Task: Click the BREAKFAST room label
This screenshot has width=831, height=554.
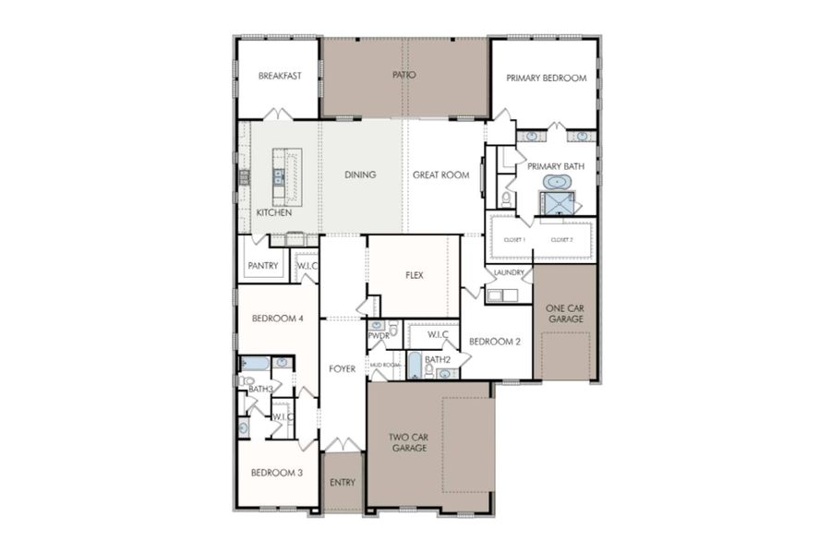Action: [279, 76]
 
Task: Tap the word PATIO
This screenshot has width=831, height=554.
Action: [403, 75]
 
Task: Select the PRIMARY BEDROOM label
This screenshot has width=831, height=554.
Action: [546, 78]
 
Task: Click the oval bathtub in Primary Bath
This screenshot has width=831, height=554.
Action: [557, 182]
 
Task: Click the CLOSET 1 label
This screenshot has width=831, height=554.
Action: [514, 240]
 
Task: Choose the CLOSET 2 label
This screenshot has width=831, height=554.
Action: [562, 240]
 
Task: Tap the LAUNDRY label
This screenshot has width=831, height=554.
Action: [509, 272]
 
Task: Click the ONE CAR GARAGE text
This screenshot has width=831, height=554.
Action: [565, 313]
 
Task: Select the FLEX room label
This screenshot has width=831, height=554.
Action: [414, 275]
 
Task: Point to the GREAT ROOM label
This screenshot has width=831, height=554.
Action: [440, 175]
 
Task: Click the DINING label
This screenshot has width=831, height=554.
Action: [360, 175]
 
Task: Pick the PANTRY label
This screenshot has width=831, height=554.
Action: [262, 267]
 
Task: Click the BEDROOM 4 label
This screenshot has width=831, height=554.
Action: [277, 319]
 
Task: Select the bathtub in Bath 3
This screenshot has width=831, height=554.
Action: [255, 363]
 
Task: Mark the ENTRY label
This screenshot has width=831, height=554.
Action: [342, 482]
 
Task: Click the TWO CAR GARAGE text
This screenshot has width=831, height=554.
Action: [407, 441]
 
